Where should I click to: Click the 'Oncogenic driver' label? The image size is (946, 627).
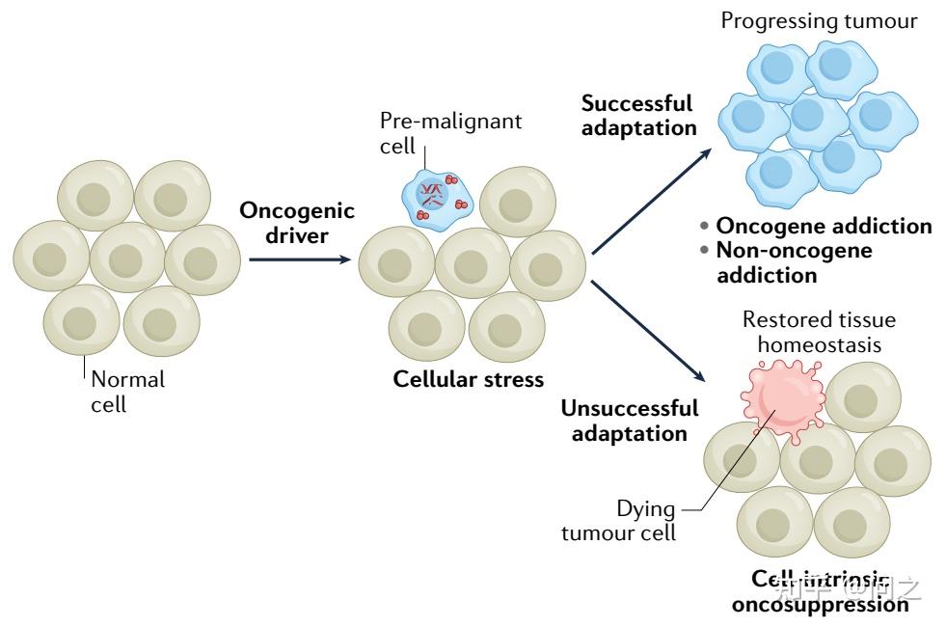coord(296,222)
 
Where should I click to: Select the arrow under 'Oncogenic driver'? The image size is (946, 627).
coord(298,259)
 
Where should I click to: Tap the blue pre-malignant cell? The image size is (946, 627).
coord(435,198)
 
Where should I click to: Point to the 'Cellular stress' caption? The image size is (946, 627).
coord(468,379)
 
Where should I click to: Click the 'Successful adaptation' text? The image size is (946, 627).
coord(637,115)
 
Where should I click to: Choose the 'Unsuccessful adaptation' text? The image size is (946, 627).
coord(629,421)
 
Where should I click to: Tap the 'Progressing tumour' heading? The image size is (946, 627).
coord(819,20)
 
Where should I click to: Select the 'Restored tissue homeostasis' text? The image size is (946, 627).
coord(819,332)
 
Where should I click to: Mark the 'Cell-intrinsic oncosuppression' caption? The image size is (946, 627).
coord(820,591)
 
